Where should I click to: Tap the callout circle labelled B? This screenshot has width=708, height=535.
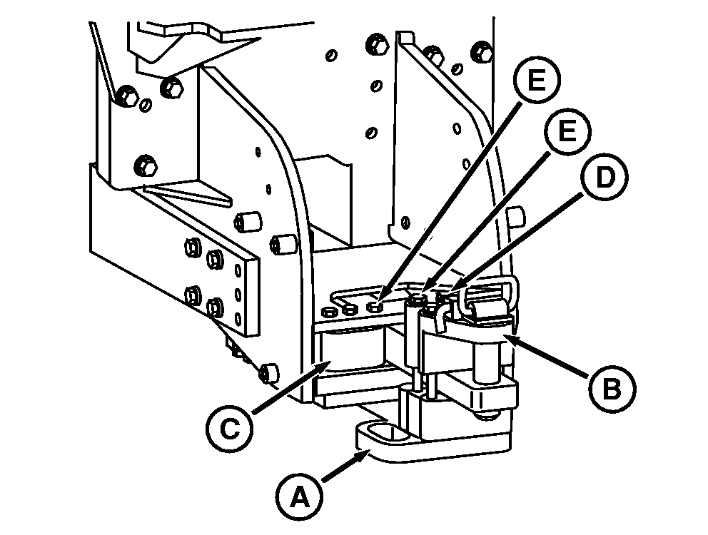click(612, 389)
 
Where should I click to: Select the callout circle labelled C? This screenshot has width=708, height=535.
click(229, 429)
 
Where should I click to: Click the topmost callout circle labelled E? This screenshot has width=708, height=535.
click(537, 81)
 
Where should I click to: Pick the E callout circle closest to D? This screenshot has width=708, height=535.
click(567, 131)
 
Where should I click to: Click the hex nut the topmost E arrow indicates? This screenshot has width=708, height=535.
click(375, 307)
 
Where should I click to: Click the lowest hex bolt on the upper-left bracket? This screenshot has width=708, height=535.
click(146, 165)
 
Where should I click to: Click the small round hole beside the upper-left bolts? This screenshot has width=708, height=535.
click(146, 105)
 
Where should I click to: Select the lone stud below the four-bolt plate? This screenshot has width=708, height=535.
click(269, 372)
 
